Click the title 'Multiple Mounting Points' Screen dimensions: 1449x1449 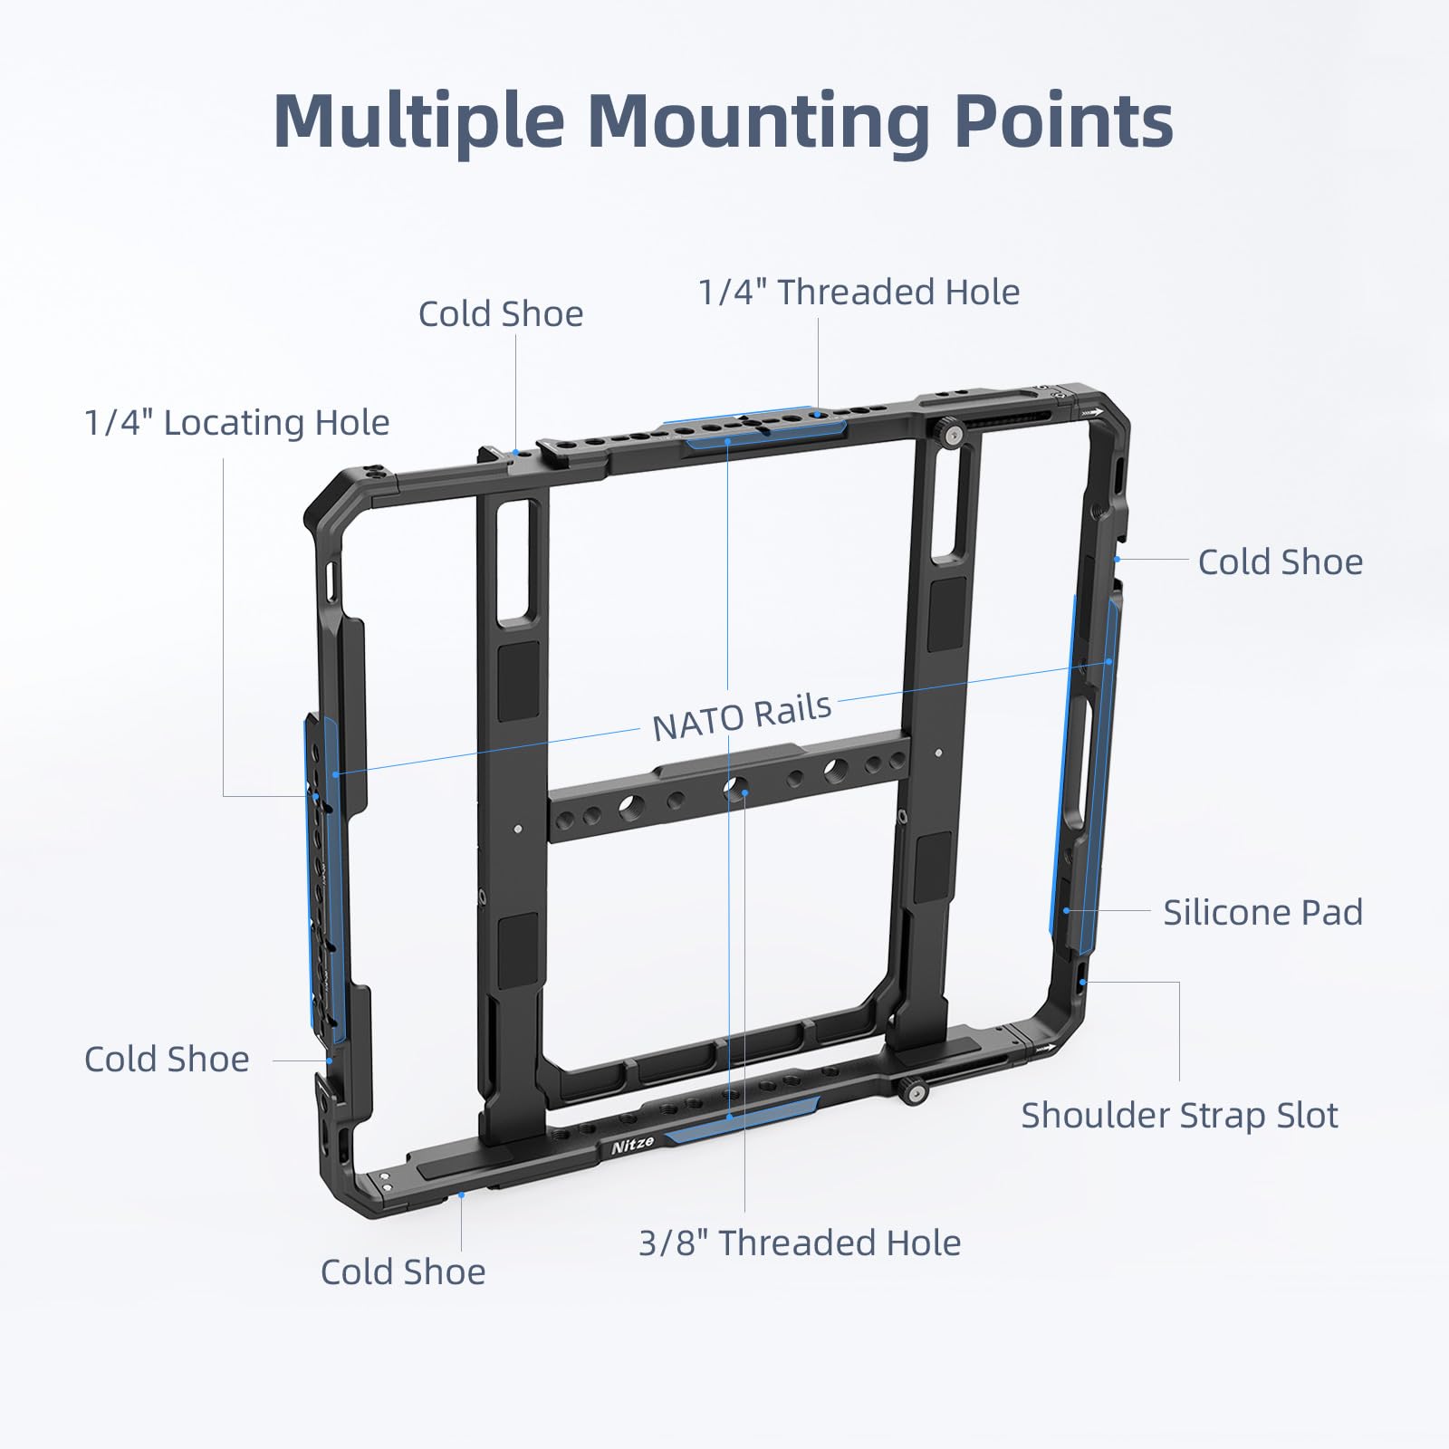click(x=723, y=120)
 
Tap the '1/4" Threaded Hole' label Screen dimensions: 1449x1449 click(x=859, y=293)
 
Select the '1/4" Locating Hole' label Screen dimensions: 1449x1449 click(x=236, y=423)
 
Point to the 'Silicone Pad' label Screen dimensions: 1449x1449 click(x=1262, y=912)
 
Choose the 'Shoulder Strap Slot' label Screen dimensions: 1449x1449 click(x=1179, y=1116)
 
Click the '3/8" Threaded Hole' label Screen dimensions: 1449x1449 click(x=800, y=1243)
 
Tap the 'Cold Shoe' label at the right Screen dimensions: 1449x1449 click(x=1280, y=562)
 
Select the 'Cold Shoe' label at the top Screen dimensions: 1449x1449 click(x=501, y=314)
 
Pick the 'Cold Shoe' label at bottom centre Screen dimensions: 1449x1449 click(x=403, y=1272)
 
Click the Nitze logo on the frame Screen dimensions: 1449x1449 click(x=632, y=1144)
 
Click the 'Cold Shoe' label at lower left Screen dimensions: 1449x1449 click(x=167, y=1060)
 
